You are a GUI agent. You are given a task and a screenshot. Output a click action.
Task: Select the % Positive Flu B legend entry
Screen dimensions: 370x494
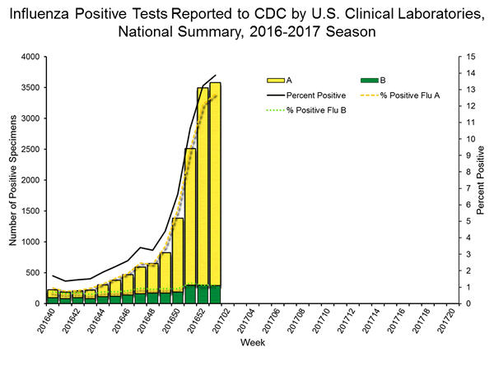[317, 110]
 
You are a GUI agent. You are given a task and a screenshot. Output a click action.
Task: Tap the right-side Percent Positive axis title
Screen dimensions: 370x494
[482, 181]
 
